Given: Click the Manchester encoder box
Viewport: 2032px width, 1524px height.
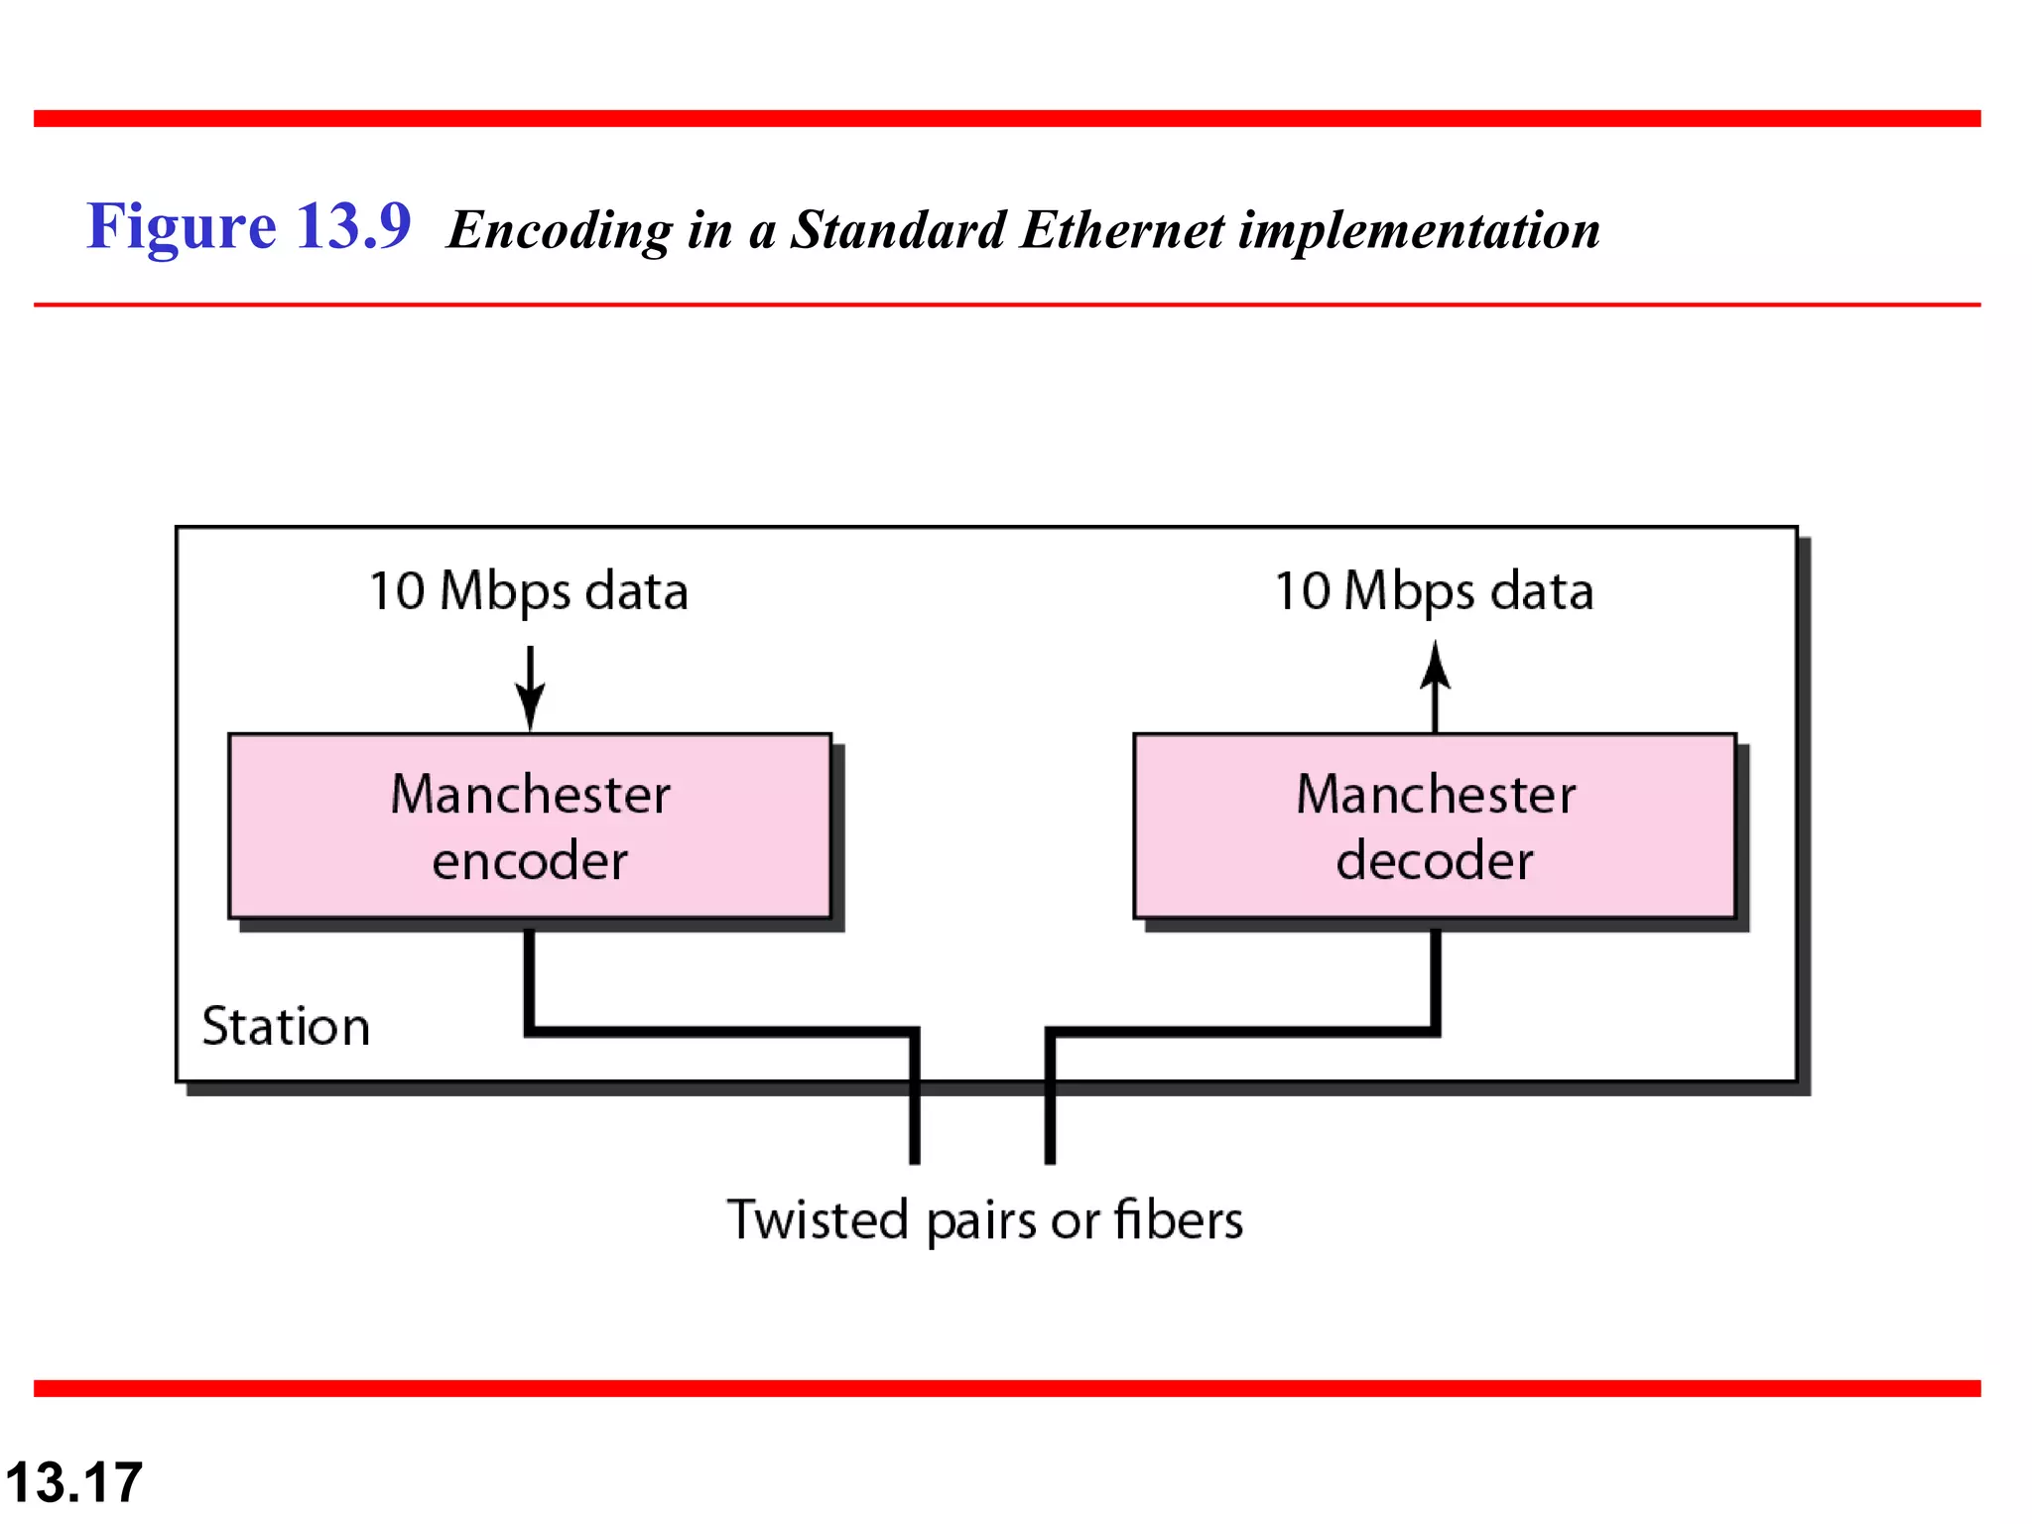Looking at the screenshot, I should pos(529,825).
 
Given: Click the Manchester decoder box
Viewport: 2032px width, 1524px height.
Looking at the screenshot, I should pos(1435,825).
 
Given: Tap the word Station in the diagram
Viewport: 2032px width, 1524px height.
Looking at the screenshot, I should pos(286,1026).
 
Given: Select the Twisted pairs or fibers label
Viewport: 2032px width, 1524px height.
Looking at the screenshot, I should pos(984,1219).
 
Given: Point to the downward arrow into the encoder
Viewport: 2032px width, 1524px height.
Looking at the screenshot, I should pos(530,689).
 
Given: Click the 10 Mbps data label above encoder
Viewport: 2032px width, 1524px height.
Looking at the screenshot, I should pos(528,591).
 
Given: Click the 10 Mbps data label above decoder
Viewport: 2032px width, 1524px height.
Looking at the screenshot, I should pos(1434,591).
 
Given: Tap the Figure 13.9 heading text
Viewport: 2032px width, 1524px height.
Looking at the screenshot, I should pos(248,226).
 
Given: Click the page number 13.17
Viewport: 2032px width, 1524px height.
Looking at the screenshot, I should pos(74,1482).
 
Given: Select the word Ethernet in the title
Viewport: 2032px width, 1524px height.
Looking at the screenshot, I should pos(1121,230).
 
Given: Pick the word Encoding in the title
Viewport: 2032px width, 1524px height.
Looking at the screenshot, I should pos(560,230).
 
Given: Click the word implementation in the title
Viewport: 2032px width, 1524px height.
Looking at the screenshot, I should pos(1419,230).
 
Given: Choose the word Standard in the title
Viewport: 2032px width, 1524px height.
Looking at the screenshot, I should pos(898,230).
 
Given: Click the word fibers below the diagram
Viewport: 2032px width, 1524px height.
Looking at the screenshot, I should pos(1178,1219).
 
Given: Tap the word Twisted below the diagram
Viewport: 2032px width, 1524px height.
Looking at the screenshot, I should pos(818,1219).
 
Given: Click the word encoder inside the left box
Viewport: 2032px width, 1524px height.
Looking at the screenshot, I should pos(530,860).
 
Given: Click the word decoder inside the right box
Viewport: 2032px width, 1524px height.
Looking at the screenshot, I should pos(1435,860).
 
